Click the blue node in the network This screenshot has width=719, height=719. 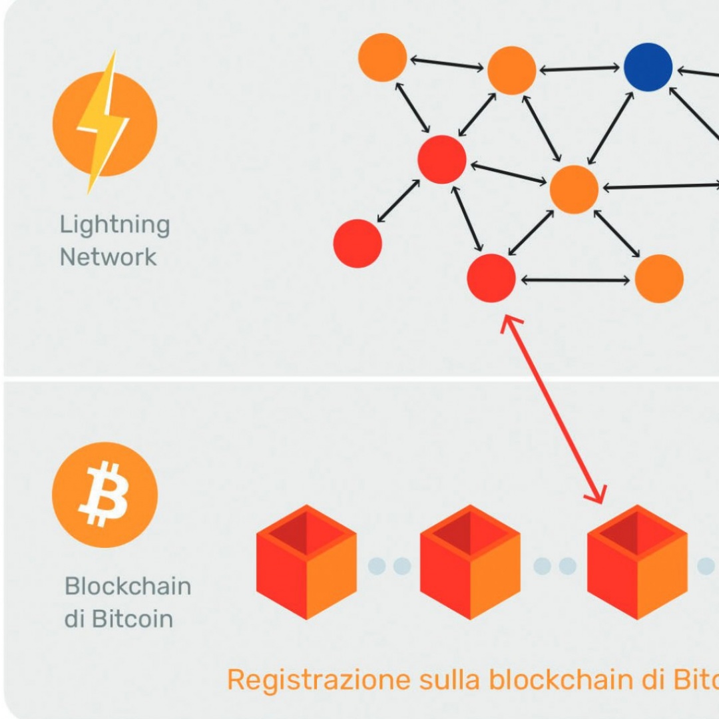(648, 67)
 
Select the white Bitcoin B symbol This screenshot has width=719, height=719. (104, 494)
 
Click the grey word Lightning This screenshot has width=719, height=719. (115, 225)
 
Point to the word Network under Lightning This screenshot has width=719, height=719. (108, 257)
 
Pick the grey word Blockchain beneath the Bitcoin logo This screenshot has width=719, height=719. (128, 587)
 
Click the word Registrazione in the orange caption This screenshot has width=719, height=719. (319, 680)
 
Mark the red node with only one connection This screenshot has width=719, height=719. (358, 244)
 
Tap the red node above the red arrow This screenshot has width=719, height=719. (491, 278)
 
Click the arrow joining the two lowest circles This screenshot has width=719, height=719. (575, 280)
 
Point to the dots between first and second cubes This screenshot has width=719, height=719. (389, 566)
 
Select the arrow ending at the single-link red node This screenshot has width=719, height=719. (398, 201)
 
